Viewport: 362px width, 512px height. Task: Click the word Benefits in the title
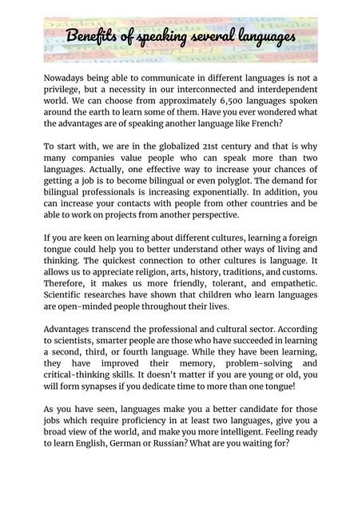coord(90,38)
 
